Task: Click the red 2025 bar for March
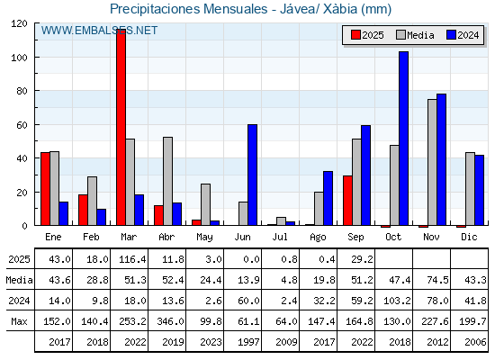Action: coord(121,127)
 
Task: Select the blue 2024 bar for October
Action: coord(404,139)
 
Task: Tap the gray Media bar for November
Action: coord(432,162)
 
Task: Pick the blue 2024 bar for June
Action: coord(252,175)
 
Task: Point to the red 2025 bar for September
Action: coord(347,201)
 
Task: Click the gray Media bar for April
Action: coord(167,181)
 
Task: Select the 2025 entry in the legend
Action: coord(367,35)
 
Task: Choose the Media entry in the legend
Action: coord(415,35)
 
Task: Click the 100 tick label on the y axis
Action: coord(19,58)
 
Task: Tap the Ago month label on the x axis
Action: coord(318,238)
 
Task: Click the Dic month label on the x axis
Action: coord(469,237)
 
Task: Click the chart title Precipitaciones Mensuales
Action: coord(189,9)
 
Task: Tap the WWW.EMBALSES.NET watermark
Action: coord(99,31)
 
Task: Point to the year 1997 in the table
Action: coord(248,342)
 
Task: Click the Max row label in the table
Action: coord(19,321)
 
